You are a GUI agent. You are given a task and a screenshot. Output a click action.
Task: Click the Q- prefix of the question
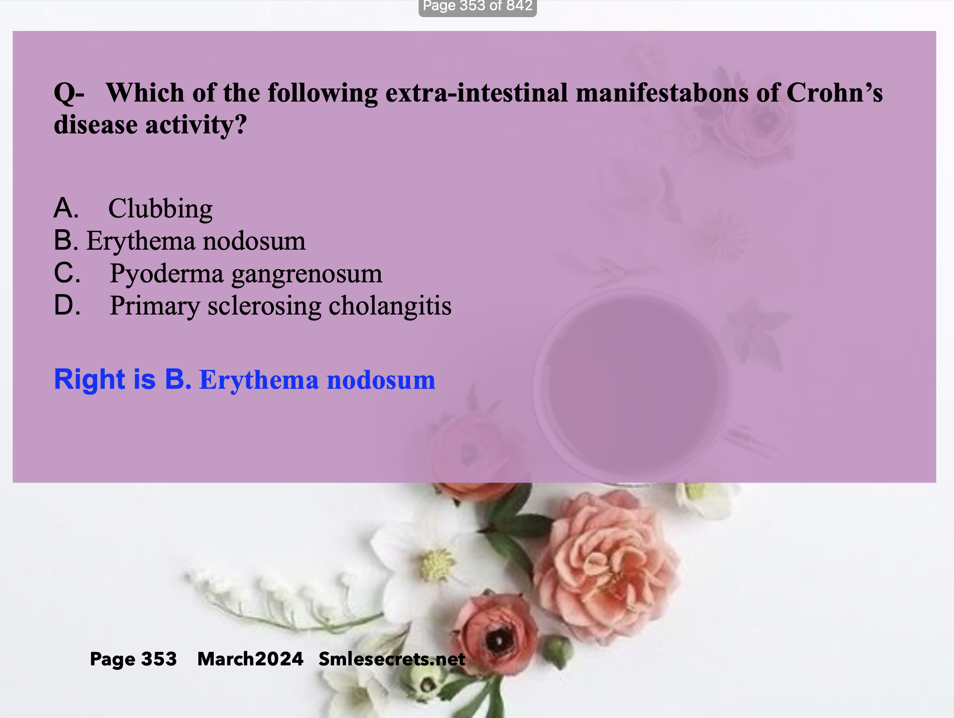pos(69,93)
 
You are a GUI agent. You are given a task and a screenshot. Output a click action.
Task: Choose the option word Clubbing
pos(160,209)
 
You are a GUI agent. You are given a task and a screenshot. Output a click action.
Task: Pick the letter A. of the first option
pos(67,208)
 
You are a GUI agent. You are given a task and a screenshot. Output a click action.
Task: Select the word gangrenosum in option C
pos(307,274)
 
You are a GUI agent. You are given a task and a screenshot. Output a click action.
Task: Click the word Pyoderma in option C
pos(166,274)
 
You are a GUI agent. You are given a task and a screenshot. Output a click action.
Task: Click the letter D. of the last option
pos(67,305)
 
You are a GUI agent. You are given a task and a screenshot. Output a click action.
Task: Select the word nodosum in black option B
pos(254,241)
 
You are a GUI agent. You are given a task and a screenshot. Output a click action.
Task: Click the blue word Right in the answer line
pos(90,379)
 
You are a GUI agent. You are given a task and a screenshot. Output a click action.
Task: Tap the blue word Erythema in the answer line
pos(259,380)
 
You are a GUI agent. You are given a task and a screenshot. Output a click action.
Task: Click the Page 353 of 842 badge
pos(477,7)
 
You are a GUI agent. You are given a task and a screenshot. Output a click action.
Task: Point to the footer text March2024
pos(250,659)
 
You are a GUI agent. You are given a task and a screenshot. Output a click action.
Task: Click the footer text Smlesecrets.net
pos(392,659)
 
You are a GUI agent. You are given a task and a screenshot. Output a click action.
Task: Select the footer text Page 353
pos(133,659)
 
